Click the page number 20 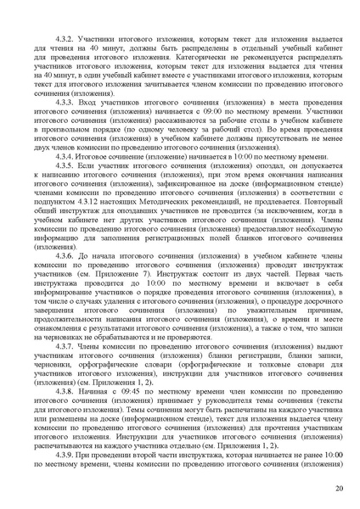339,489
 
